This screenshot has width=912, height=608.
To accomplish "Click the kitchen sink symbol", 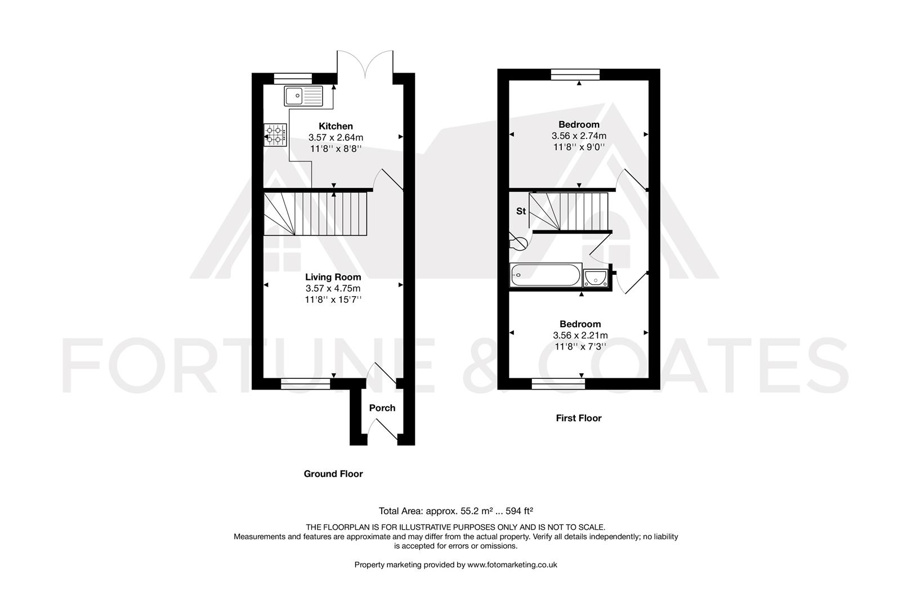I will [303, 96].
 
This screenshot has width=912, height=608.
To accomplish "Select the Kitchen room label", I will [336, 126].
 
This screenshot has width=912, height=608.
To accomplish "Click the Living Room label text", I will [333, 277].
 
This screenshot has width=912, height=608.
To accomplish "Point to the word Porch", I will [382, 408].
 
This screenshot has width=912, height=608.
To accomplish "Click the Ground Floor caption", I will [333, 474].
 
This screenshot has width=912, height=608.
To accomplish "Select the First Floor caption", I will [579, 418].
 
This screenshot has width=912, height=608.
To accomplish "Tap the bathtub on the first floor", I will [545, 276].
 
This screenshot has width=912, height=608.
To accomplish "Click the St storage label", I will [521, 211].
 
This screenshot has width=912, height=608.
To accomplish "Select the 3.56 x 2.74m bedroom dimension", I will [579, 136].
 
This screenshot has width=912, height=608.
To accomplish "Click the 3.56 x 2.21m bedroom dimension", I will [580, 336].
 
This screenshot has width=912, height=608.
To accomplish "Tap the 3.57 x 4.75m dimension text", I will [333, 288].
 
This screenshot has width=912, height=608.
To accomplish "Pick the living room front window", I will [306, 384].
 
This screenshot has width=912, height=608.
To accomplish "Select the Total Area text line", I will [456, 511].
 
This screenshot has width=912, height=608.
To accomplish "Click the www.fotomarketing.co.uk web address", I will [512, 565].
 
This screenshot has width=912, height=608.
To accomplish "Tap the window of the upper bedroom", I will [575, 74].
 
